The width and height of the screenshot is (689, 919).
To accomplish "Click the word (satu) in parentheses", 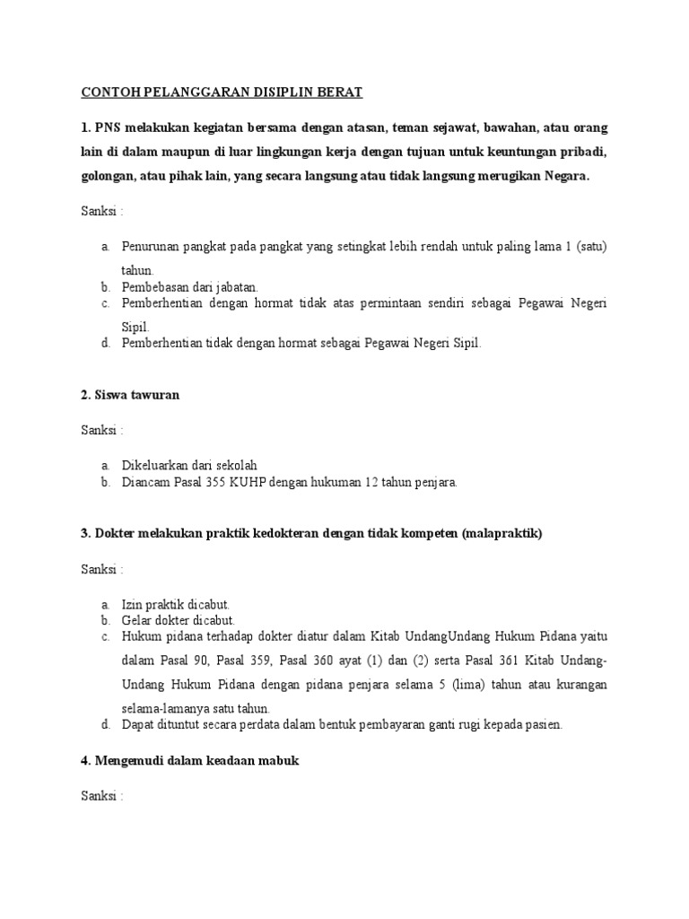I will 591,246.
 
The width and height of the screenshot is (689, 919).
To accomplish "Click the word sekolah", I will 235,465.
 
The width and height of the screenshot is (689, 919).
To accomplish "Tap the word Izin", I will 133,604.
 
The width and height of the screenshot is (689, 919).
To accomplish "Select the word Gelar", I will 136,620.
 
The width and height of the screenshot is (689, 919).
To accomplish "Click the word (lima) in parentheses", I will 489,685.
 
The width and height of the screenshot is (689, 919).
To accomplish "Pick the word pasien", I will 545,724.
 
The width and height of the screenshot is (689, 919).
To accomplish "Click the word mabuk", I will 279,761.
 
